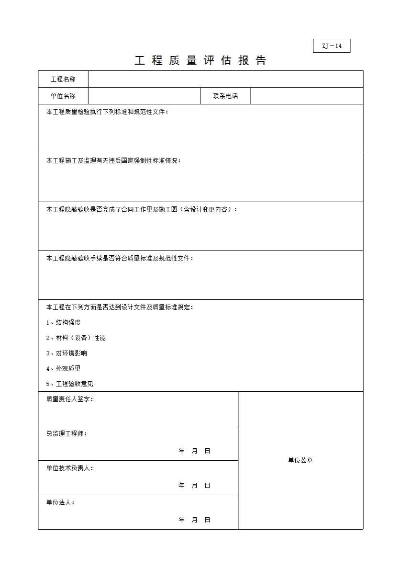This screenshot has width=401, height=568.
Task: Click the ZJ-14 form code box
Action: click(x=332, y=46)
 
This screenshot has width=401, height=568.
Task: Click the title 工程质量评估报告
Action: click(x=200, y=61)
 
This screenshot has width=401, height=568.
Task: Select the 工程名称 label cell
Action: click(x=63, y=79)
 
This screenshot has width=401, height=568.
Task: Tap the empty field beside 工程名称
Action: click(x=225, y=79)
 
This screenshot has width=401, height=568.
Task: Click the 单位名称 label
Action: click(x=63, y=96)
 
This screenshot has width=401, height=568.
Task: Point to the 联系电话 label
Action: click(x=225, y=96)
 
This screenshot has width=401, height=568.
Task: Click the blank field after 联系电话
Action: click(x=306, y=96)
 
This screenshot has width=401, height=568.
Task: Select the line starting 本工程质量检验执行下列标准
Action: click(x=107, y=112)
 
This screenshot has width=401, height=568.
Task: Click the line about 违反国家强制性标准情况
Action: click(x=113, y=160)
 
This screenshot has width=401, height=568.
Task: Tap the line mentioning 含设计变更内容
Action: click(x=142, y=209)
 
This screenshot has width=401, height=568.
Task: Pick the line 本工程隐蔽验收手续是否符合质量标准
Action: click(x=120, y=258)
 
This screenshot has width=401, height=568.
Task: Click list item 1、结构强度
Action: click(x=64, y=322)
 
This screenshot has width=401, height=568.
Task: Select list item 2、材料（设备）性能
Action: click(x=76, y=338)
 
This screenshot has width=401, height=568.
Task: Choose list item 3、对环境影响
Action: click(x=67, y=353)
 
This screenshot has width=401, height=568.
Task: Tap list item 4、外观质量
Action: click(x=64, y=368)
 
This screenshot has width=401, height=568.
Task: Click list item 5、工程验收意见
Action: click(x=70, y=384)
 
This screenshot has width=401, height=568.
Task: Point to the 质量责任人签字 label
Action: click(x=70, y=399)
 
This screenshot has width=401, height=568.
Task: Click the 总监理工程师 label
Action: click(x=67, y=433)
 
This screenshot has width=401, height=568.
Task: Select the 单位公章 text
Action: click(x=301, y=460)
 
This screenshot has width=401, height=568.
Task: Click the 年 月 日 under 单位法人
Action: click(x=194, y=520)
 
